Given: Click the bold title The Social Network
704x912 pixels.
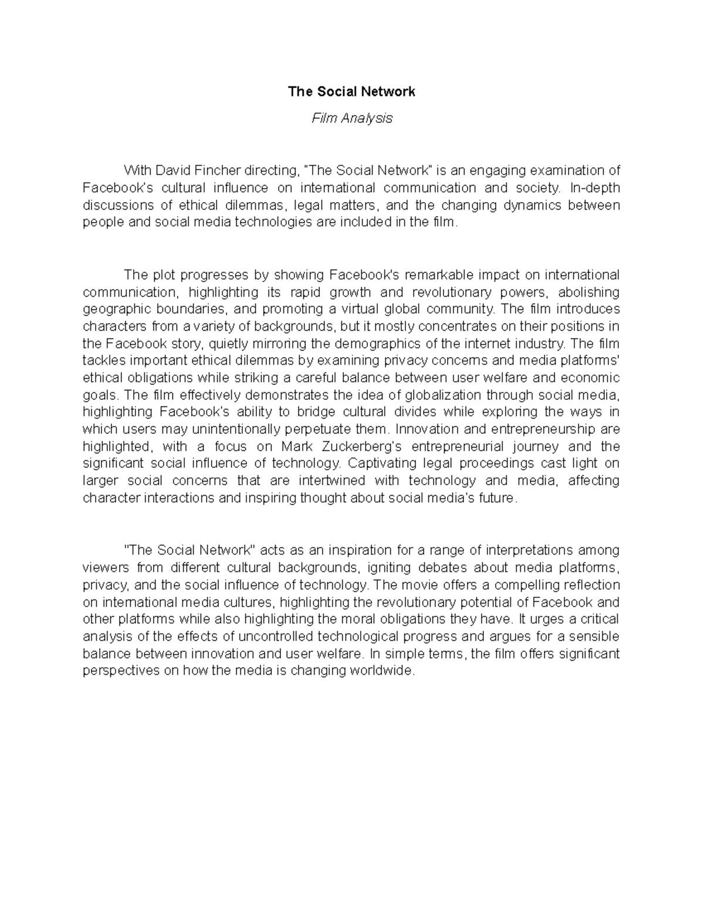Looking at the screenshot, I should coord(351,92).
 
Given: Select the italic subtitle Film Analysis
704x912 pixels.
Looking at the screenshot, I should coord(351,118).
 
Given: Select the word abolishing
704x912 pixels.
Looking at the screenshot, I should coord(588,292).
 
